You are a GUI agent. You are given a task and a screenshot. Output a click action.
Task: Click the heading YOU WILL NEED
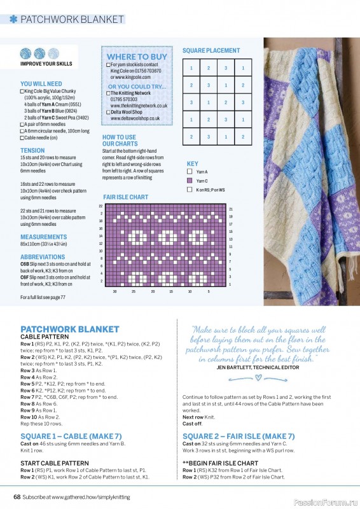[41, 83]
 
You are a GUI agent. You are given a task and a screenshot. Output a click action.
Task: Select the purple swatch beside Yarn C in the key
[190, 181]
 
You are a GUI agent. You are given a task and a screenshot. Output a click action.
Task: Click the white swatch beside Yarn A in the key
[190, 172]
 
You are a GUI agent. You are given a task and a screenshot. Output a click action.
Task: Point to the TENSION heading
[32, 151]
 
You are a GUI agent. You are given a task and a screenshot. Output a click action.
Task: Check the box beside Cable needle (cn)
[22, 137]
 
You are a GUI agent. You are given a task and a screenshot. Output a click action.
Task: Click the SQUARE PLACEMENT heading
[211, 50]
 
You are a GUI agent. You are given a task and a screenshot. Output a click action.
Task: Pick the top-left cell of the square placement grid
[191, 69]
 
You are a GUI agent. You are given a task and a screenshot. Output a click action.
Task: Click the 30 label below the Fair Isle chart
[114, 291]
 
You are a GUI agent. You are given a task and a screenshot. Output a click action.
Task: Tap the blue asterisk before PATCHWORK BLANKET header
[13, 19]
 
